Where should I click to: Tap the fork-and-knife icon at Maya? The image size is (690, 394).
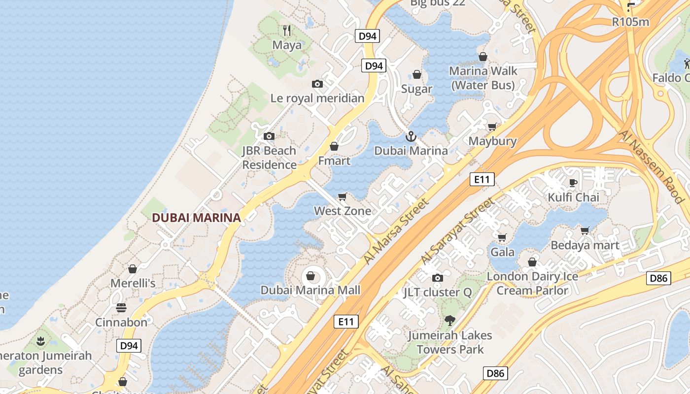[x=287, y=31]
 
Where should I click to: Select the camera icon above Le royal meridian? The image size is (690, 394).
[x=317, y=84]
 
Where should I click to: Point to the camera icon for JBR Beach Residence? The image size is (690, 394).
[x=269, y=136]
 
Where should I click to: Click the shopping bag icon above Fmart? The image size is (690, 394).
[x=334, y=146]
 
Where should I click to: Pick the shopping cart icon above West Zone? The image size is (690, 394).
[x=343, y=197]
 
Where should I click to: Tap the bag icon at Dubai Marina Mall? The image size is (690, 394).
[x=310, y=276]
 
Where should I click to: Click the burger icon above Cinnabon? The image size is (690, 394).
[x=121, y=308]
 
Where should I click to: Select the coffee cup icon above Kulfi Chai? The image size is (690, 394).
[x=573, y=183]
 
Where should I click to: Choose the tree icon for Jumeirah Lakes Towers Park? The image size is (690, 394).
[x=449, y=321]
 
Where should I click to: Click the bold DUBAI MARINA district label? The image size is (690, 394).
[x=196, y=218]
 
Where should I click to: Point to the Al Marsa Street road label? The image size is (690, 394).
[x=396, y=231]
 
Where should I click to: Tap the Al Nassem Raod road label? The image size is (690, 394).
[x=652, y=167]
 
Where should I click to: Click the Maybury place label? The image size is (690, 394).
[x=492, y=141]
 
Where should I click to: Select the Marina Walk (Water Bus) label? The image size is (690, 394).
[x=483, y=78]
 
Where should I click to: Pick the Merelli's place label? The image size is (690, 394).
[x=133, y=283]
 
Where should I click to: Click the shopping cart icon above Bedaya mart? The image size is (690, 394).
[x=585, y=230]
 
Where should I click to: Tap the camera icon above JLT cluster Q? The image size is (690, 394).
[x=437, y=278]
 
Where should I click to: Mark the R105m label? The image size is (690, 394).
[x=630, y=22]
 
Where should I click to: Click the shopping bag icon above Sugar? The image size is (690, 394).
[x=417, y=74]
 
